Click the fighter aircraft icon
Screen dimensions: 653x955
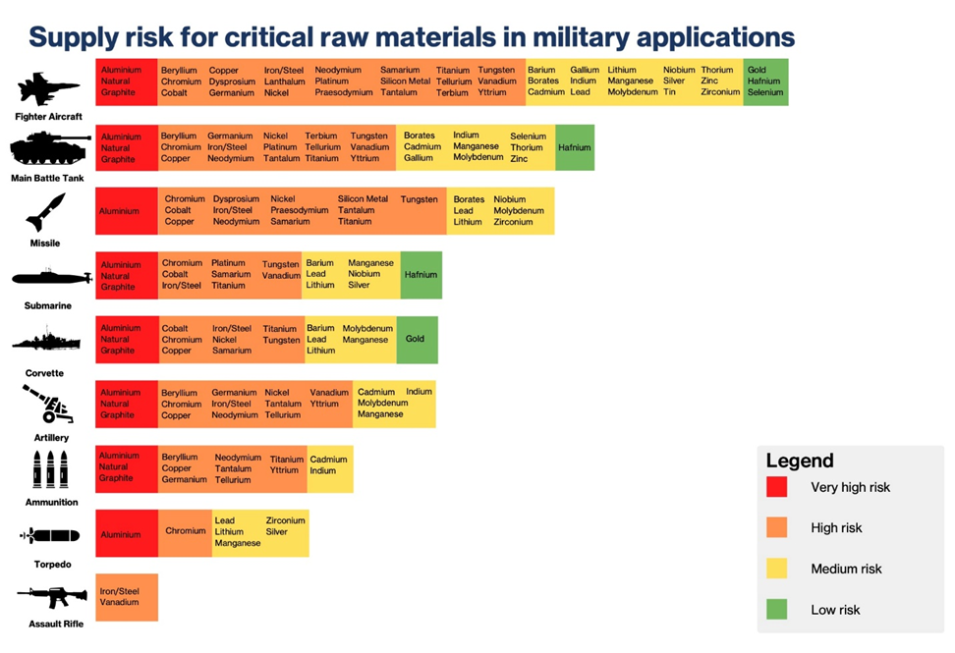click(x=48, y=89)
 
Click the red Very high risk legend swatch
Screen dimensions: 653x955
click(x=777, y=487)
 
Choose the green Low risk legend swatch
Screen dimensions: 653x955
click(x=777, y=610)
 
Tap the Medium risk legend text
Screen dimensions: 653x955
click(x=846, y=570)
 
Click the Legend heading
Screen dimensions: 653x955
click(x=800, y=461)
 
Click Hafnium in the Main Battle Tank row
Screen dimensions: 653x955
click(x=575, y=147)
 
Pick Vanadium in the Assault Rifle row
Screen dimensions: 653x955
click(x=119, y=602)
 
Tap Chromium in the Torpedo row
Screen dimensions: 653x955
click(x=185, y=531)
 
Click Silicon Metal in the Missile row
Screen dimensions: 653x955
click(x=363, y=199)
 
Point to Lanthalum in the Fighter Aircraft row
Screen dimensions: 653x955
click(x=284, y=82)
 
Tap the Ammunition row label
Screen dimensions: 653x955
click(x=51, y=502)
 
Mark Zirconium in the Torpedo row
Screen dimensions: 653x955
click(x=286, y=520)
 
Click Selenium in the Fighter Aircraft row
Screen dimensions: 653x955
click(x=765, y=92)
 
